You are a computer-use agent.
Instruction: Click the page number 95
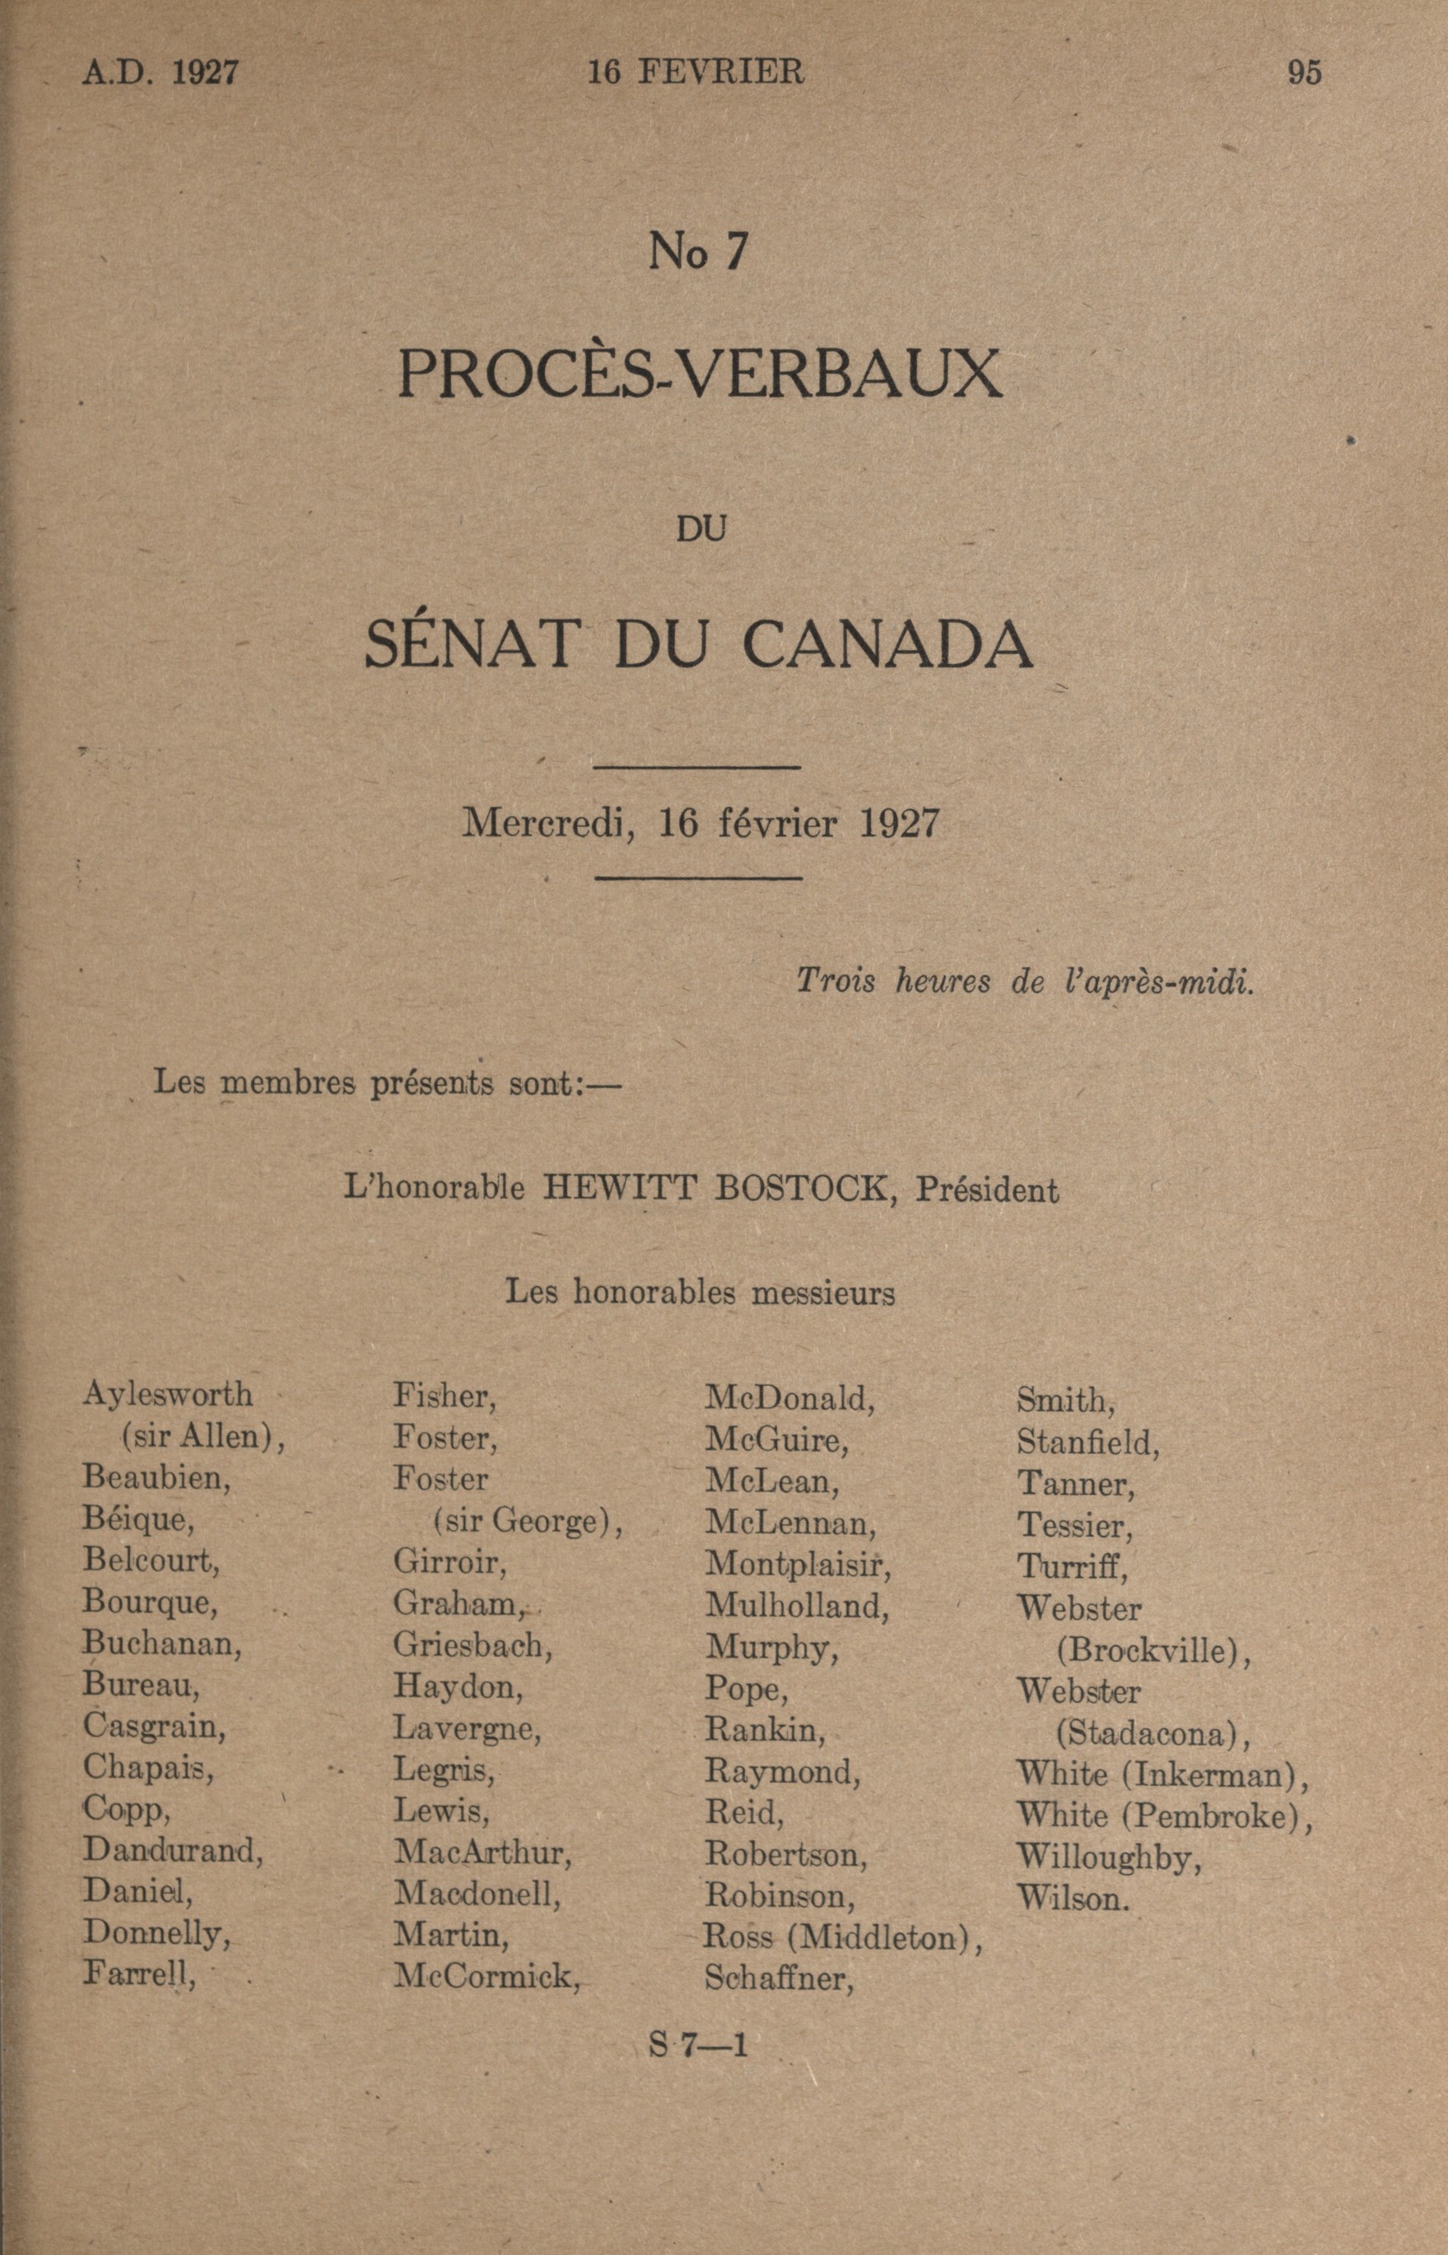coord(1304,73)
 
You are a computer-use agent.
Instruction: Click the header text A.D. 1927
coord(160,73)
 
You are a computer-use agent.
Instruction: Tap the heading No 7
coord(699,251)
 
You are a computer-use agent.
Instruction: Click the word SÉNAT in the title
coord(468,645)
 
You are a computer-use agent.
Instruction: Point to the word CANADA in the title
coord(887,645)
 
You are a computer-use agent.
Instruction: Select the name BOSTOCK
coord(801,1189)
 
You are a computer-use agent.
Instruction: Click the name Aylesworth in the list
coord(167,1394)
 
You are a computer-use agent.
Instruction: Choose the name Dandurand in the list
coord(172,1850)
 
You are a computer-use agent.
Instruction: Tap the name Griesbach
coord(472,1645)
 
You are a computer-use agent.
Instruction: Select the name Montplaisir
coord(798,1563)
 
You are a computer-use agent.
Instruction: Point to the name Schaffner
coord(779,1978)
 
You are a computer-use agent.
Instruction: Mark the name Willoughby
coord(1110,1857)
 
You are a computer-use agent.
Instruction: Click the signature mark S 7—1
coord(699,2045)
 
